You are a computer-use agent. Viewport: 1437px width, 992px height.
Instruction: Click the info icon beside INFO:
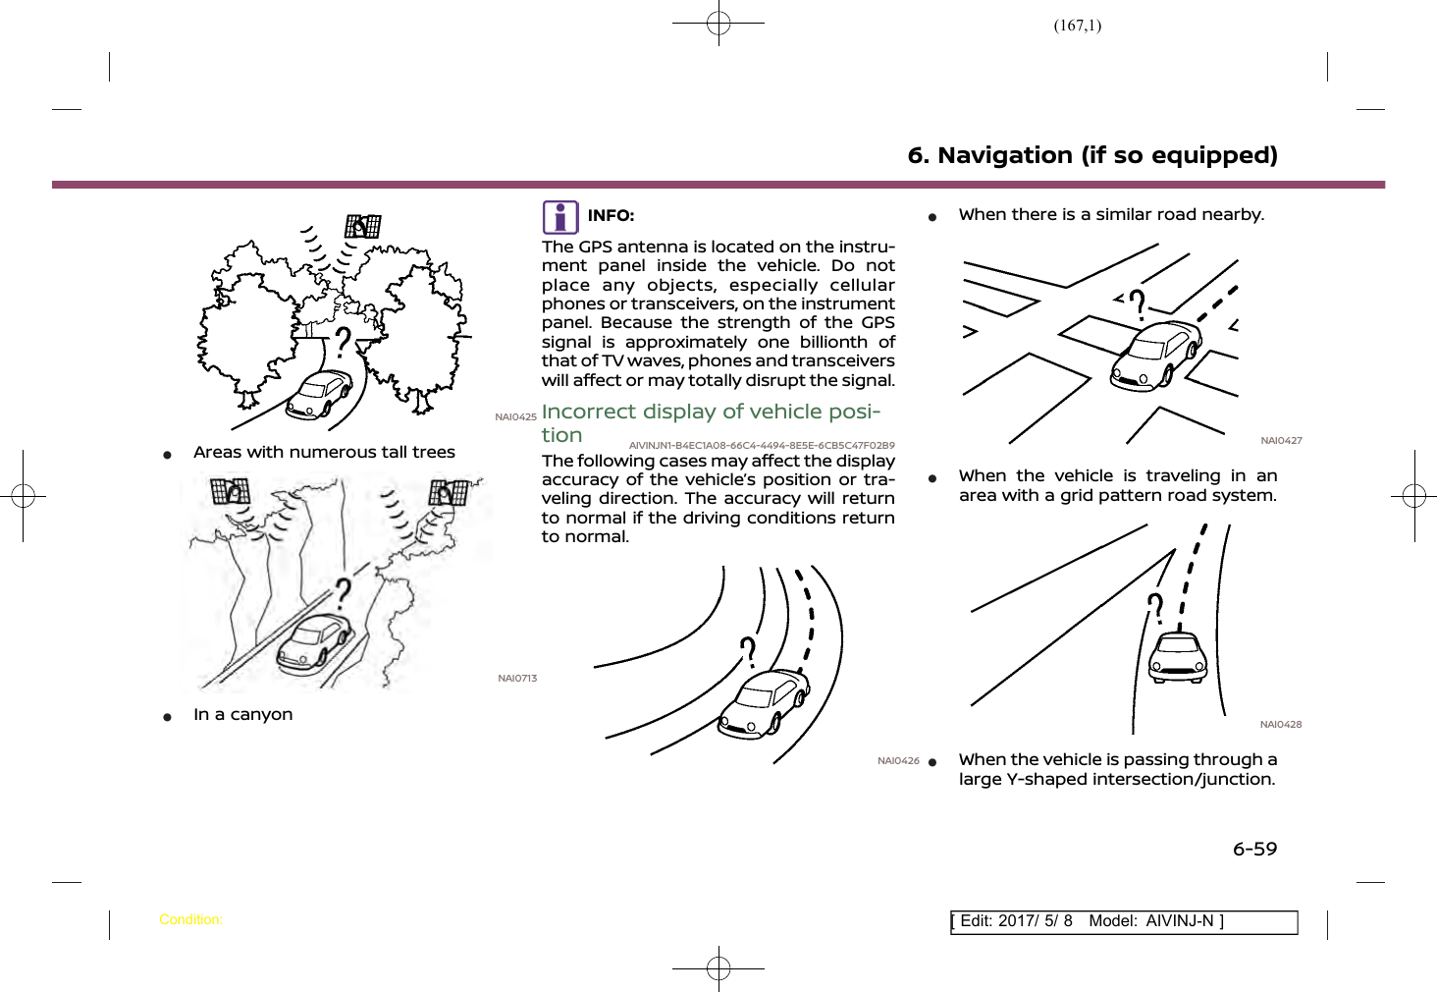[560, 217]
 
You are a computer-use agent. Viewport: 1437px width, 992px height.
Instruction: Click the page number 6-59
[1255, 849]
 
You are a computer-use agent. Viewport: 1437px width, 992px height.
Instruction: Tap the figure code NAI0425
[515, 417]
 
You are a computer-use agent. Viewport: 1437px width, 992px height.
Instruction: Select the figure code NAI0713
[517, 679]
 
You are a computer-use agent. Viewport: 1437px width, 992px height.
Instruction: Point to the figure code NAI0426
[898, 761]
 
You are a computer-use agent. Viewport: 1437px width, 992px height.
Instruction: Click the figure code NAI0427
[1281, 441]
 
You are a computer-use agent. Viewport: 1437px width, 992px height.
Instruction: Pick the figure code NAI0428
[1281, 725]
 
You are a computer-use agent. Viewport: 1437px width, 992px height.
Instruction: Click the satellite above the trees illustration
[362, 227]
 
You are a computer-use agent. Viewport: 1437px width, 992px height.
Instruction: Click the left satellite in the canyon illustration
[231, 490]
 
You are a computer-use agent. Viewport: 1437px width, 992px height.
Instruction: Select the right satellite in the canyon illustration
[449, 492]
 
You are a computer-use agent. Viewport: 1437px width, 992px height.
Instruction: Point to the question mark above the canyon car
[343, 592]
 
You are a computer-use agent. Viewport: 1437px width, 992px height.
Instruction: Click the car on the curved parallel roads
[765, 701]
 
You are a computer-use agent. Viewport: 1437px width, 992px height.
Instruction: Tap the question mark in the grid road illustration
[1138, 304]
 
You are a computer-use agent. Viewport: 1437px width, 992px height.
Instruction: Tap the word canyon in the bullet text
[261, 714]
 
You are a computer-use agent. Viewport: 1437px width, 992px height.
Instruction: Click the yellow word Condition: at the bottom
[190, 920]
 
